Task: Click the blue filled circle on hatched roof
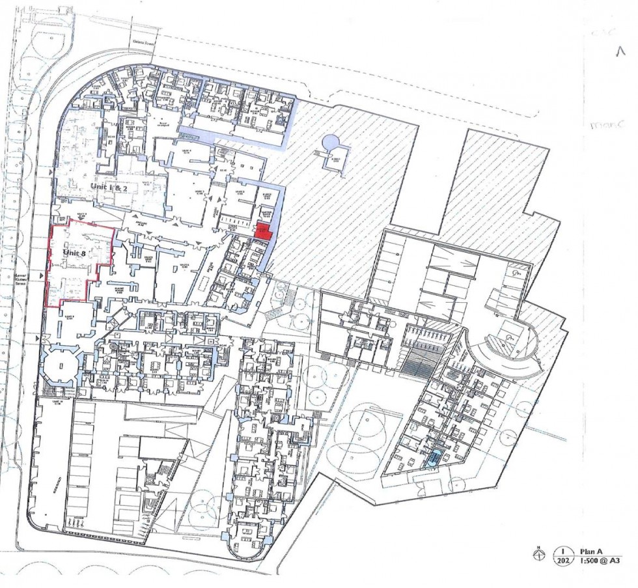pos(331,141)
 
